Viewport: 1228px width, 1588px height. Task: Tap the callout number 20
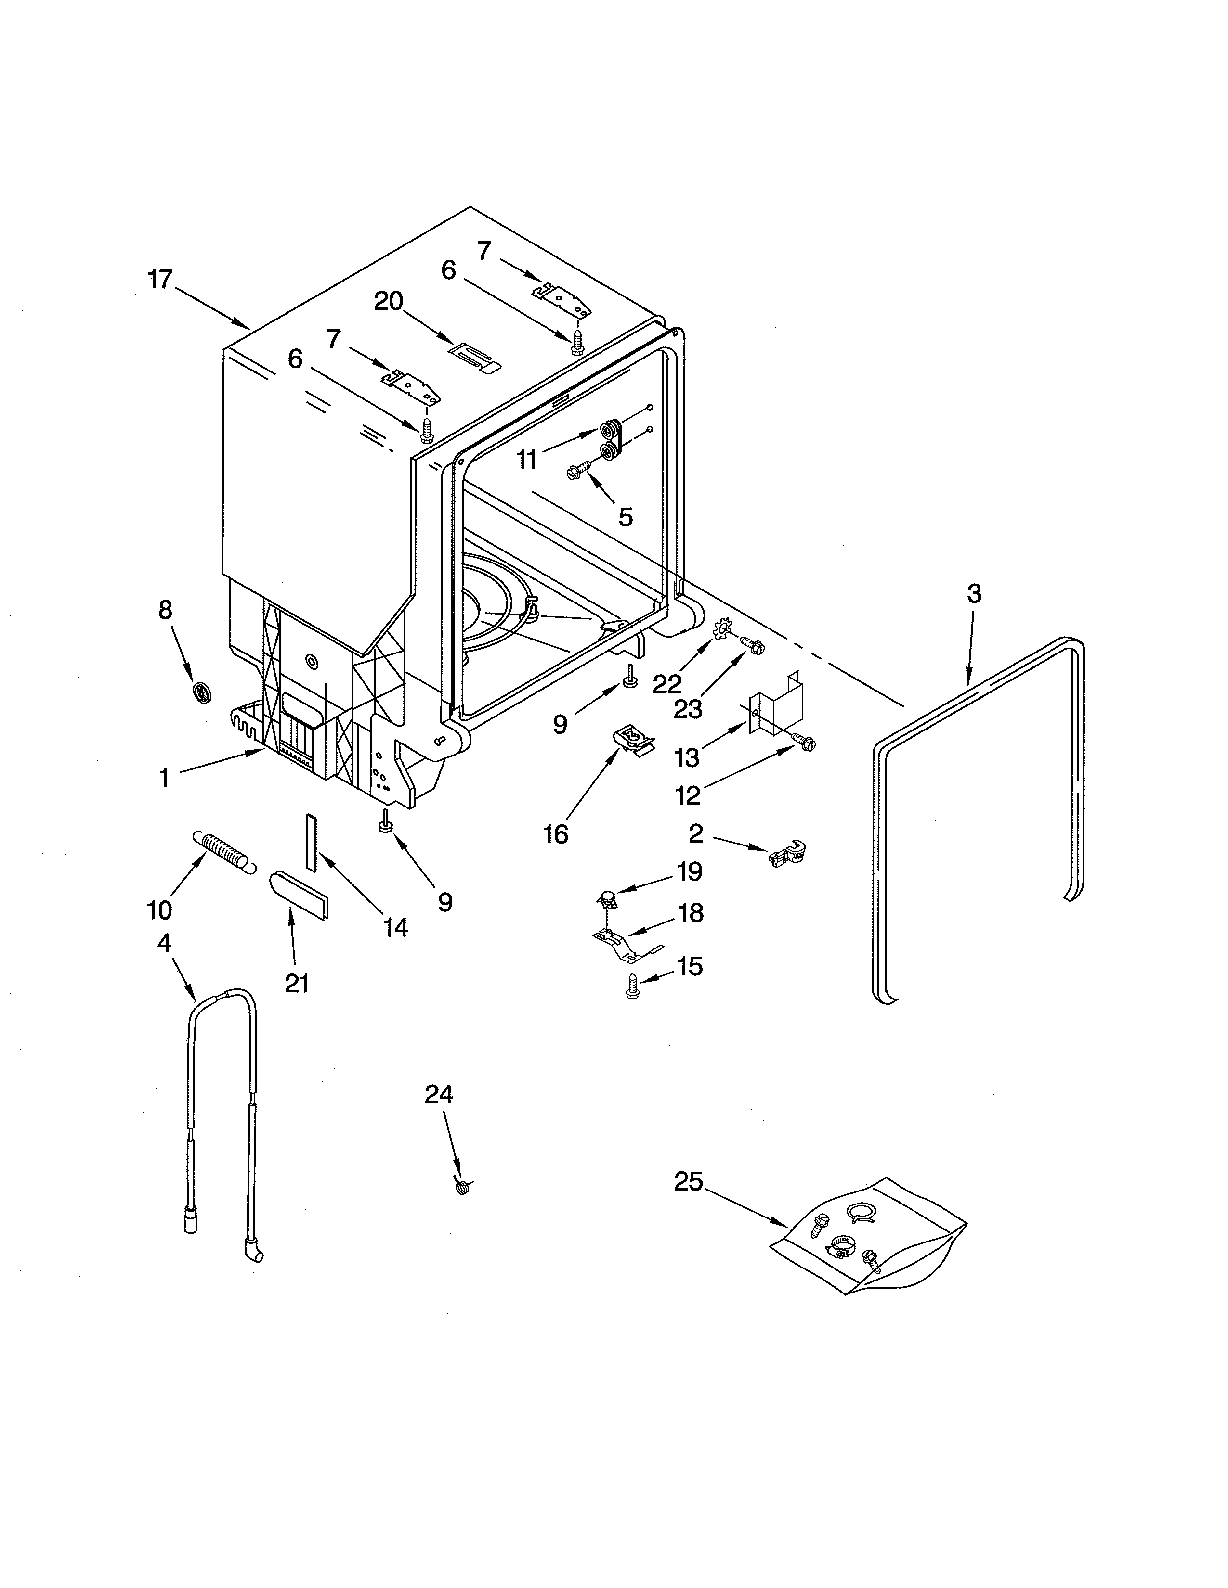tap(389, 301)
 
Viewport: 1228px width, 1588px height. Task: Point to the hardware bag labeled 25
tap(866, 1236)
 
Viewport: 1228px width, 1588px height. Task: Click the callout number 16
tap(555, 834)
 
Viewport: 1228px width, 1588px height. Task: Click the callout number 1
tap(164, 778)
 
